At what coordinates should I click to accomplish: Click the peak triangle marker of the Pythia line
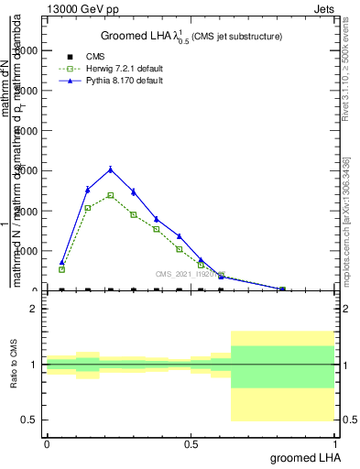[x=110, y=169]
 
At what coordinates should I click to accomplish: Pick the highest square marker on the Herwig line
[x=110, y=195]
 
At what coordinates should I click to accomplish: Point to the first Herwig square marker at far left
[x=62, y=269]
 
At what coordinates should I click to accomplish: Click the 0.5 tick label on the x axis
[x=191, y=443]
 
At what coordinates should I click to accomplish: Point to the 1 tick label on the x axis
[x=335, y=443]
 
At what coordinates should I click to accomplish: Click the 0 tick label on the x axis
[x=47, y=443]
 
